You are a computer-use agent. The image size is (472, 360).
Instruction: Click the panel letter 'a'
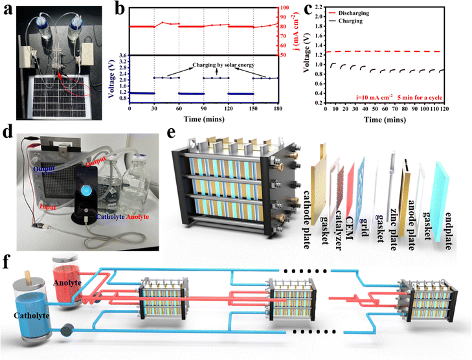point(8,8)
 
